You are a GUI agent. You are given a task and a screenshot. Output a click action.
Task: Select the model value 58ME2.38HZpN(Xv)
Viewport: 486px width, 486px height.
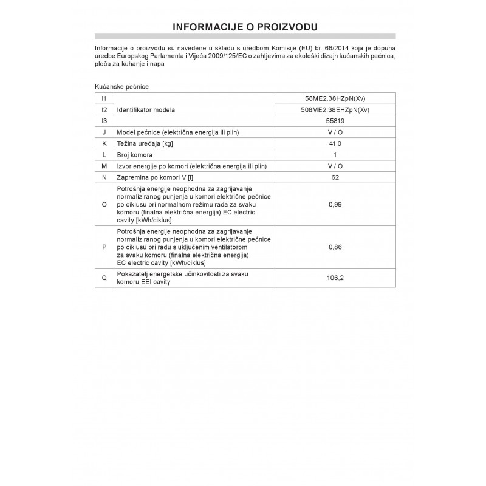click(x=335, y=98)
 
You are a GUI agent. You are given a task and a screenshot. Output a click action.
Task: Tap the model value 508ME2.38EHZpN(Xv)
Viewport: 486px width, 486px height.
click(x=335, y=109)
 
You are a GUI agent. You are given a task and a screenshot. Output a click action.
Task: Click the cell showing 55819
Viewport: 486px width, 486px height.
click(x=335, y=121)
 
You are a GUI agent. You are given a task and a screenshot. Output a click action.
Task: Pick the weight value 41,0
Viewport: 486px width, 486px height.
click(x=335, y=143)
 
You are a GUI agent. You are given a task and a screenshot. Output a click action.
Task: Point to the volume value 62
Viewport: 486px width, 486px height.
click(x=335, y=177)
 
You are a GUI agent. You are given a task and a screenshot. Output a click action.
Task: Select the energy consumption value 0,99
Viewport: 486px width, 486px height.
click(x=335, y=205)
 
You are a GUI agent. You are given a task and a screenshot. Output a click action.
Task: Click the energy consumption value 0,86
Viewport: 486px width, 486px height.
click(x=335, y=248)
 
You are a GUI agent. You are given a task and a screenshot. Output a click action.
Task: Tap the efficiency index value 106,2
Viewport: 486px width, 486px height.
click(x=335, y=278)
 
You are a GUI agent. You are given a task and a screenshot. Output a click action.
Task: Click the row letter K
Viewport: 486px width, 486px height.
click(x=104, y=143)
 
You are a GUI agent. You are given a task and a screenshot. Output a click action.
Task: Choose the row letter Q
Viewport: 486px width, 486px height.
click(x=104, y=278)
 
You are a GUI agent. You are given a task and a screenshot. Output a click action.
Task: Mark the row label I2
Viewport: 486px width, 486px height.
click(x=104, y=109)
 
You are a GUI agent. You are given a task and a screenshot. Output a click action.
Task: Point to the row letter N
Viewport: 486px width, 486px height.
click(x=104, y=177)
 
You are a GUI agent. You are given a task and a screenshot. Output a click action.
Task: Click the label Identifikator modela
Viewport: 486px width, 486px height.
click(x=146, y=109)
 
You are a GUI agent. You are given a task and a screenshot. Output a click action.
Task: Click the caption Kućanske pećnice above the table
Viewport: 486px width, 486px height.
click(x=122, y=87)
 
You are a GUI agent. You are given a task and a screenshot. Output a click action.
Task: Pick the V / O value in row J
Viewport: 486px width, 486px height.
click(x=335, y=132)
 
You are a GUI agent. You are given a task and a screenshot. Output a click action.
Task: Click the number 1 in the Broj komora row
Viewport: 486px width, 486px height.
click(x=335, y=155)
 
